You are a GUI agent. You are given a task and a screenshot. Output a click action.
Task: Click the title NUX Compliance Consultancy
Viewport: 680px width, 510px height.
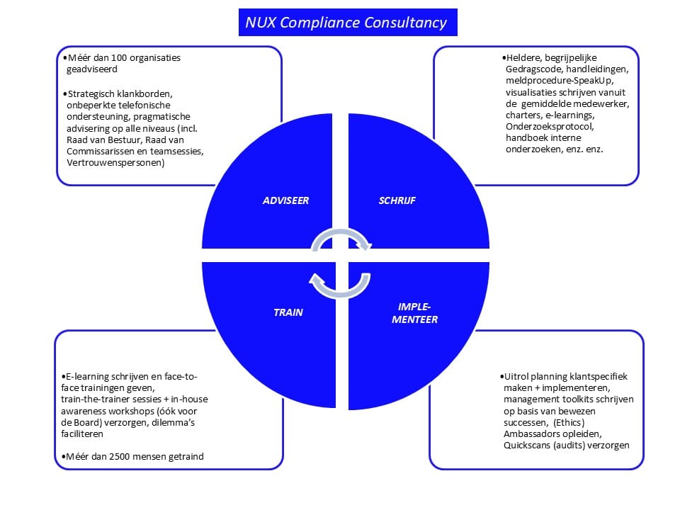pyautogui.click(x=346, y=22)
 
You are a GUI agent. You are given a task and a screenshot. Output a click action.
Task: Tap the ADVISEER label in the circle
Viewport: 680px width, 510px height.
pyautogui.click(x=285, y=200)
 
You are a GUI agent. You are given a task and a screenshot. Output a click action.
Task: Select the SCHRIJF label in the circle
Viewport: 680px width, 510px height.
pyautogui.click(x=397, y=200)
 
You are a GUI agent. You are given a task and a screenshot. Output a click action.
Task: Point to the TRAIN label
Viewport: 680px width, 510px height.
pyautogui.click(x=288, y=312)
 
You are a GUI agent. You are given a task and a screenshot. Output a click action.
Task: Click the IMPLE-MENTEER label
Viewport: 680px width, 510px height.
pyautogui.click(x=414, y=313)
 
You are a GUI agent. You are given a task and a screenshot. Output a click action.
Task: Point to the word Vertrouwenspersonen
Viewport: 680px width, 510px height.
pyautogui.click(x=115, y=163)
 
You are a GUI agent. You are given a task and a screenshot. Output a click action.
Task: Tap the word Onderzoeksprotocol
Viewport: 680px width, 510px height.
pyautogui.click(x=550, y=126)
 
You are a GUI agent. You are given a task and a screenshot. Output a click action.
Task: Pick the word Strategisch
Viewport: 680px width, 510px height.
pyautogui.click(x=91, y=93)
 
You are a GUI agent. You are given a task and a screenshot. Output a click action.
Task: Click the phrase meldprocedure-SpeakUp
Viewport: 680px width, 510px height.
pyautogui.click(x=560, y=80)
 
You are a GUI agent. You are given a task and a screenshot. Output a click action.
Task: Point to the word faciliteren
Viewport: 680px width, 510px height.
pyautogui.click(x=82, y=433)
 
